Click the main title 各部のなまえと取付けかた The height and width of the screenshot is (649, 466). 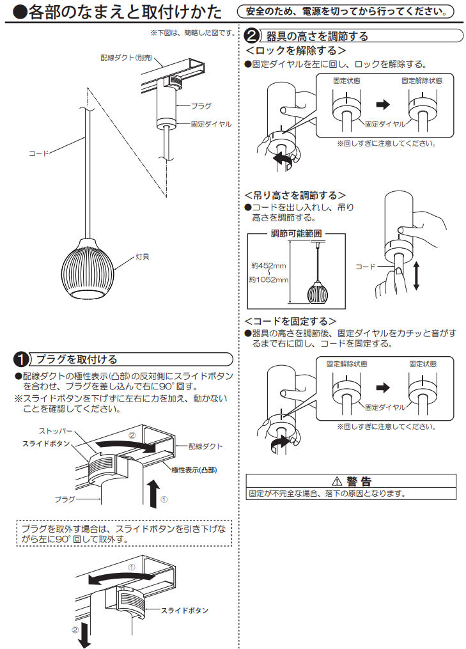(x=118, y=12)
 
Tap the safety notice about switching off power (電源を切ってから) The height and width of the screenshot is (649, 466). (x=345, y=12)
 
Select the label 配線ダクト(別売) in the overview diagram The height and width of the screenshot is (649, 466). (x=125, y=57)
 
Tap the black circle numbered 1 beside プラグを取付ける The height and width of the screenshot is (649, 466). (x=22, y=360)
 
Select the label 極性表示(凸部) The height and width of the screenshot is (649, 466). (x=194, y=470)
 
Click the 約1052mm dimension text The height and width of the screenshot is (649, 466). (x=268, y=279)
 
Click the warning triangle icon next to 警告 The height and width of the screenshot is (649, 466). (x=336, y=481)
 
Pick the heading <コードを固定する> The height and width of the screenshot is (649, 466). (x=290, y=320)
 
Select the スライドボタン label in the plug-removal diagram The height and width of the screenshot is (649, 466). (x=184, y=611)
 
